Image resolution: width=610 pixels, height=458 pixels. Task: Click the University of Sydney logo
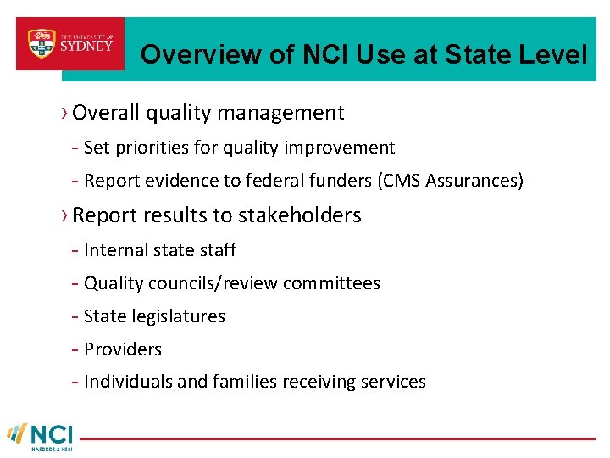[70, 43]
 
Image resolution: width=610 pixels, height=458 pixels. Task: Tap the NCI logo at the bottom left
[41, 435]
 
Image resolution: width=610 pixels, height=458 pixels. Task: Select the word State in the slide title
[473, 56]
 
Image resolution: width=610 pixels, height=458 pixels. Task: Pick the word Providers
[123, 349]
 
